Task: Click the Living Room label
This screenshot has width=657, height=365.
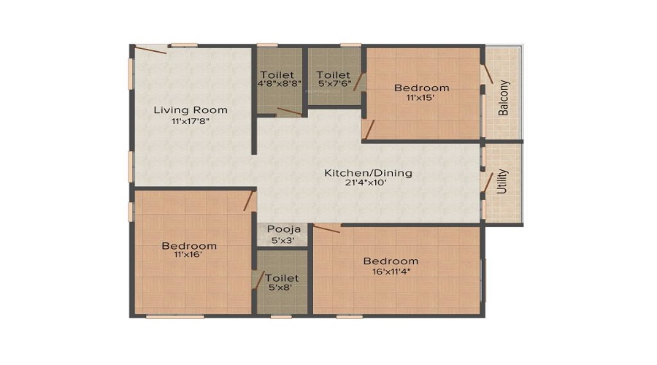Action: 191,110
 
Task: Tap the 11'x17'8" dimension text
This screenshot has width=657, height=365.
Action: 191,121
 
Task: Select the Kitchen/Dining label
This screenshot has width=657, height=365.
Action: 369,173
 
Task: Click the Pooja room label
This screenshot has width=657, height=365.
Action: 284,230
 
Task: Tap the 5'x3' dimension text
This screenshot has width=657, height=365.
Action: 283,241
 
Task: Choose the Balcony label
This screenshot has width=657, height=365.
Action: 503,98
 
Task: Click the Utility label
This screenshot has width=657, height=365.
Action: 502,182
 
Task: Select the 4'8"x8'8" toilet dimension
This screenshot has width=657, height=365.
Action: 280,83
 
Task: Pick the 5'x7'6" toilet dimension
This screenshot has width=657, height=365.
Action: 335,83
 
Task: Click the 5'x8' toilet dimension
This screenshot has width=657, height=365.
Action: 280,287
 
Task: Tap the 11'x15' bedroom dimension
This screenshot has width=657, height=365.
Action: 420,98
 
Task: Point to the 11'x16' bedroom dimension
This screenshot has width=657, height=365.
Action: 188,254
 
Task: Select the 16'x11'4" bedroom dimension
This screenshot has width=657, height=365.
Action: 391,271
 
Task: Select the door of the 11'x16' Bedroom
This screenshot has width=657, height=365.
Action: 250,201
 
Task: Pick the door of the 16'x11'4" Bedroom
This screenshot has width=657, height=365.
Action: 326,228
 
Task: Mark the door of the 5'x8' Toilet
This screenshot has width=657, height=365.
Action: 258,280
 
